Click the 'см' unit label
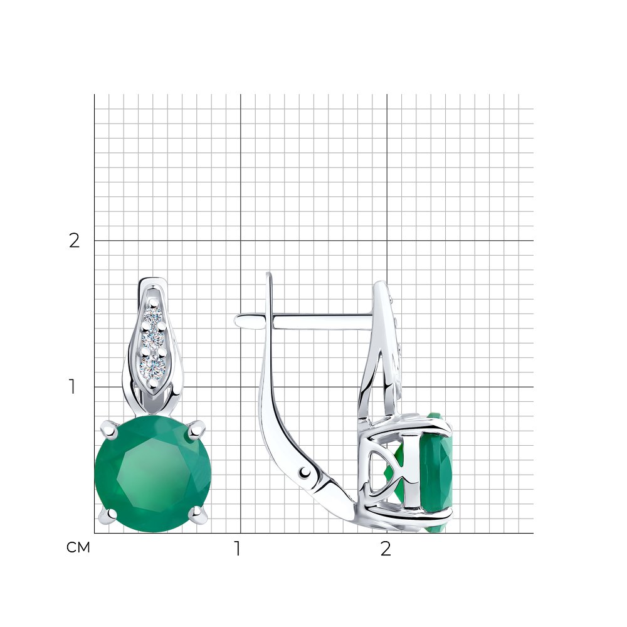pos(78,547)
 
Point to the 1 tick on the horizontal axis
pos(238,549)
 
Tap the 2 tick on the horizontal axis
pos(386,549)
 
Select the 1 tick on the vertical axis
pos(72,387)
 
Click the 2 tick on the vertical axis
pos(75,240)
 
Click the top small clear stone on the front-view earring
pos(153,315)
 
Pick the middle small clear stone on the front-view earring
pos(153,339)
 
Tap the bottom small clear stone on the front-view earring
pos(153,365)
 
